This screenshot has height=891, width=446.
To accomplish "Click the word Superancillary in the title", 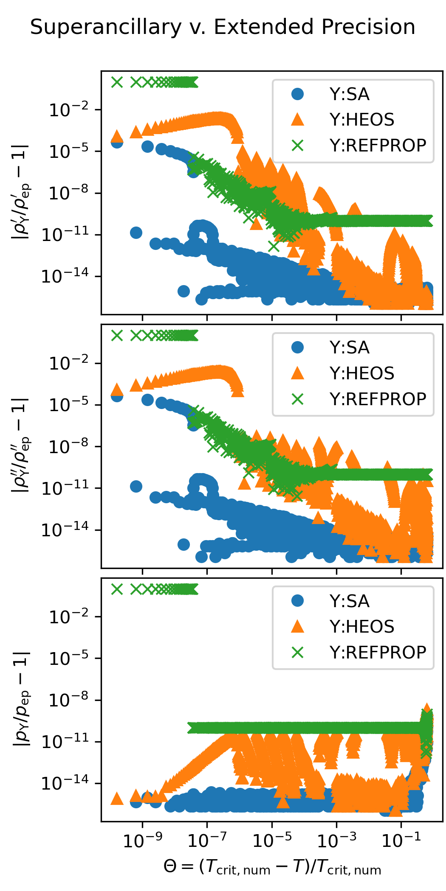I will point(106,28).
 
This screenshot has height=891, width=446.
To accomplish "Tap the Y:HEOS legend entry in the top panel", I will point(361,120).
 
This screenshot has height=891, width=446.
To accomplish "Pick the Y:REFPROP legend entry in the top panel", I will point(378,146).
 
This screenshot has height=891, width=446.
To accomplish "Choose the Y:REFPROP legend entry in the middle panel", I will point(378,399).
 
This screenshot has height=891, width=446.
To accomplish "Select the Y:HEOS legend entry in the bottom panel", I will point(361,627).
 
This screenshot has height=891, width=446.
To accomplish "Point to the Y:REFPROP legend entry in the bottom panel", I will point(378,653).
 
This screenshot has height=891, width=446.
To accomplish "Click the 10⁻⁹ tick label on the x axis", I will point(142,840).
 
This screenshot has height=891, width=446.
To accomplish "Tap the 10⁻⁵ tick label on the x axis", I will point(272,840).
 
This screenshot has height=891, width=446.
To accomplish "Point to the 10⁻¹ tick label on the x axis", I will point(401,840).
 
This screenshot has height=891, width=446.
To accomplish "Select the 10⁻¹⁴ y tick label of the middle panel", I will point(65,530).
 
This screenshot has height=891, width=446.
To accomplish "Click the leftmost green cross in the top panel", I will point(117,82).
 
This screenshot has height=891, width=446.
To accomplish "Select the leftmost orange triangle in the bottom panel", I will point(117,799).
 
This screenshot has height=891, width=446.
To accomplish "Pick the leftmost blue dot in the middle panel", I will point(117,395).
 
